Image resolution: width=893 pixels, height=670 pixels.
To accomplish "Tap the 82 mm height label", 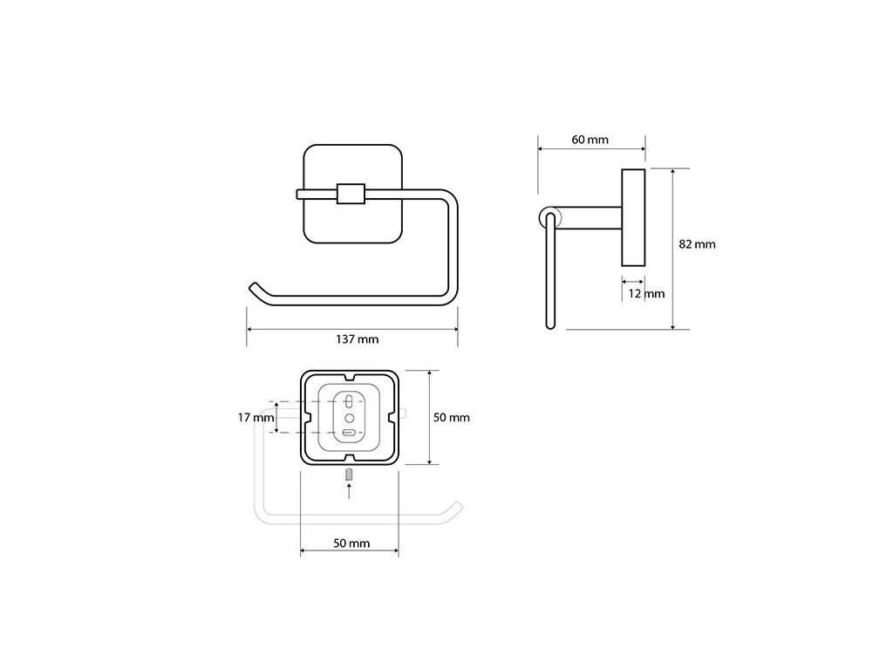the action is click(697, 244).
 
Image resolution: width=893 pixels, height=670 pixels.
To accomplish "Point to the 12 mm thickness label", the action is click(646, 294).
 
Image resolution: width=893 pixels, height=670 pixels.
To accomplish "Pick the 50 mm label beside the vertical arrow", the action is click(452, 418).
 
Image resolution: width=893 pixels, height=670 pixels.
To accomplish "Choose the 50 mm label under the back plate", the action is click(351, 544).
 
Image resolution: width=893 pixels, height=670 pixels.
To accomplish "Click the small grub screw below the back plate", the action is click(349, 475).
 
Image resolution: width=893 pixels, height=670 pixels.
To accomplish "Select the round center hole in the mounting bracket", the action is click(349, 417).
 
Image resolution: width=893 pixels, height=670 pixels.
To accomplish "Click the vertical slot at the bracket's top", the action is click(349, 402).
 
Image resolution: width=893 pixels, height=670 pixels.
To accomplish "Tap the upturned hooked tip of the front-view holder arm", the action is click(255, 289).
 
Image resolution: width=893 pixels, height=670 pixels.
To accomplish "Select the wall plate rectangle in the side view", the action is click(632, 217).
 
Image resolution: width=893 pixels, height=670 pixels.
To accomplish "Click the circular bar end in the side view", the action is click(548, 217).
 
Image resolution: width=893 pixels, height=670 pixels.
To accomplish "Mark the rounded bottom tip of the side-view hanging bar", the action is click(549, 327).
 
